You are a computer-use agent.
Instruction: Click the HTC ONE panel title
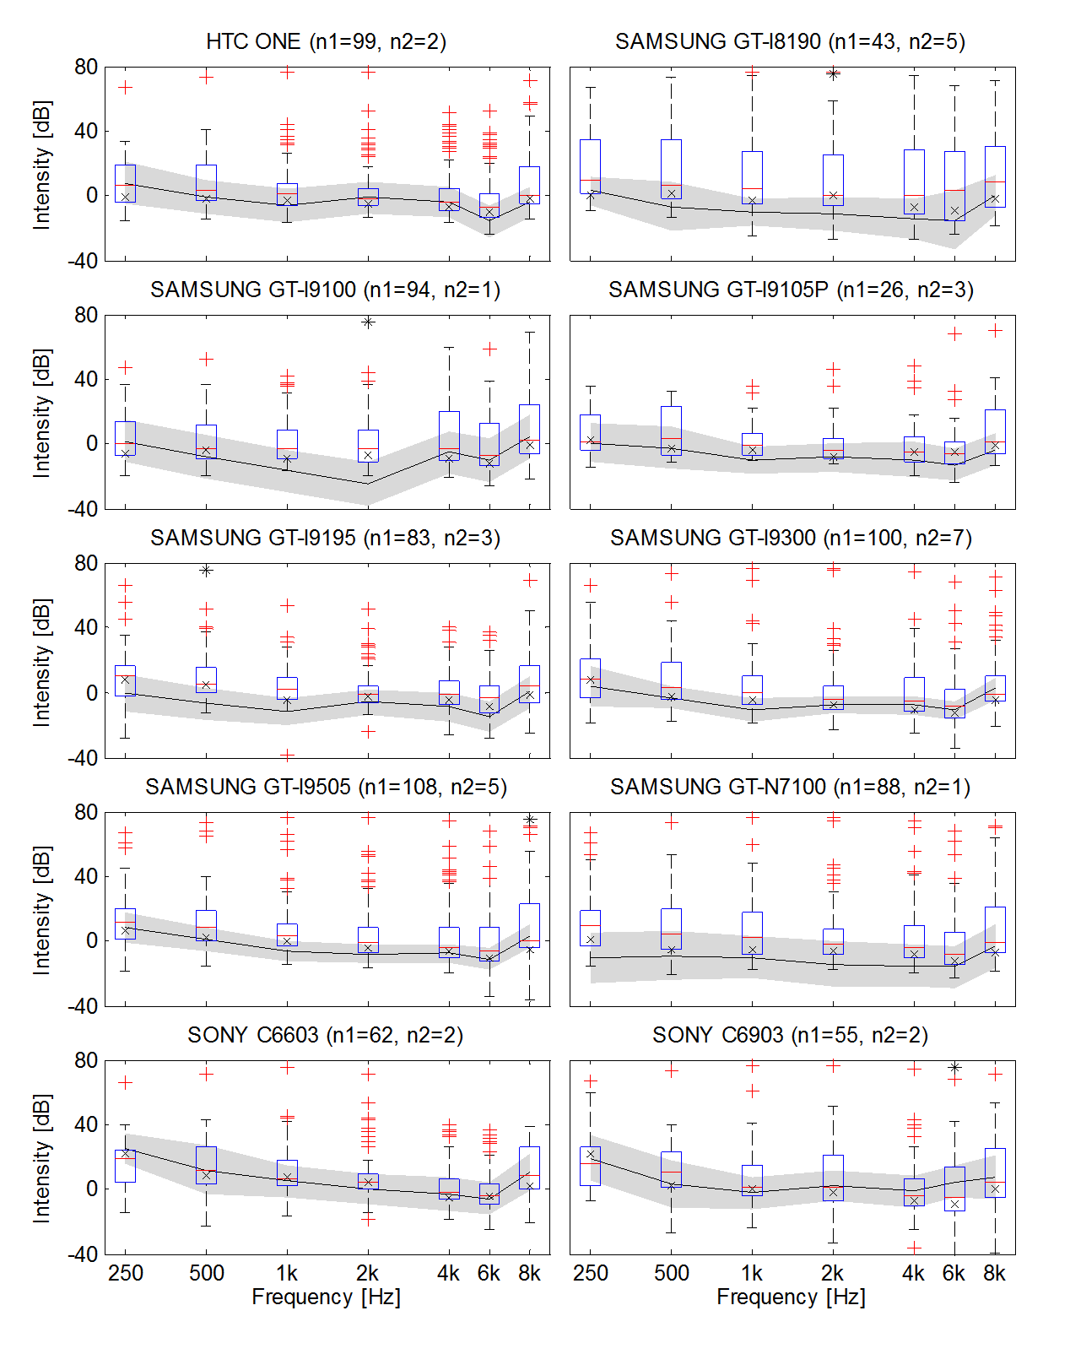click(x=326, y=41)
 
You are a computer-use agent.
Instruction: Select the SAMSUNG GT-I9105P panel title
click(x=791, y=290)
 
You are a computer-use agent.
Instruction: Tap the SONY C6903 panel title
click(x=791, y=1035)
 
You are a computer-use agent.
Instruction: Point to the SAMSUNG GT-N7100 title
click(x=790, y=787)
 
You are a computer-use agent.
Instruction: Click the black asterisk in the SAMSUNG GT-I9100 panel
click(x=368, y=322)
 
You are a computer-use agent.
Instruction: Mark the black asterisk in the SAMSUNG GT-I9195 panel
click(x=206, y=571)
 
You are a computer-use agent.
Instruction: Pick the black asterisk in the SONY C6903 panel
click(x=954, y=1068)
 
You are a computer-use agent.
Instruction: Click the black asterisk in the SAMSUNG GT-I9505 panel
click(x=529, y=820)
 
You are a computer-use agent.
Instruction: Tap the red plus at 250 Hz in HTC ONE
click(x=125, y=87)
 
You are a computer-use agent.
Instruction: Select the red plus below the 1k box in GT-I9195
click(x=287, y=755)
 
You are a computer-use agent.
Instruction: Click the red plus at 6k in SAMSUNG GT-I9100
click(x=489, y=349)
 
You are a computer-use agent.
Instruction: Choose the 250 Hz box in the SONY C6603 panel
click(x=125, y=1166)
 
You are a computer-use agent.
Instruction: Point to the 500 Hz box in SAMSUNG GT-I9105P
click(x=671, y=431)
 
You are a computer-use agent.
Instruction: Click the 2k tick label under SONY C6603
click(x=367, y=1274)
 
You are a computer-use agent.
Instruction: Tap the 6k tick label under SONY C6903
click(x=954, y=1274)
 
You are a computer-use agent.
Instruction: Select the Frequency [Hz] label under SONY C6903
click(x=791, y=1297)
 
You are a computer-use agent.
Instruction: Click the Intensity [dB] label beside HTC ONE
click(x=41, y=165)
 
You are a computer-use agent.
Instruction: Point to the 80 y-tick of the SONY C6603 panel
click(x=86, y=1060)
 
